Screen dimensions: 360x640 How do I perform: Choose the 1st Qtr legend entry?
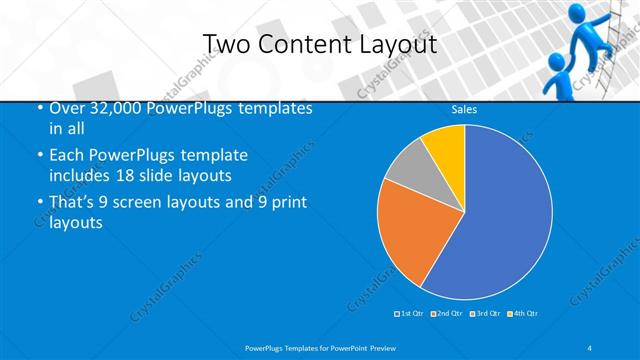[411, 314]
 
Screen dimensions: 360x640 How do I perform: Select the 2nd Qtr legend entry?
[446, 314]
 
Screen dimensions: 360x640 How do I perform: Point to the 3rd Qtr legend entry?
[484, 314]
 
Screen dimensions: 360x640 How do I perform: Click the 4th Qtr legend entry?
[523, 314]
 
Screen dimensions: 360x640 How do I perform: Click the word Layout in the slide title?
[391, 44]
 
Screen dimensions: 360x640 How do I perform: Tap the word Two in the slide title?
[226, 44]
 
